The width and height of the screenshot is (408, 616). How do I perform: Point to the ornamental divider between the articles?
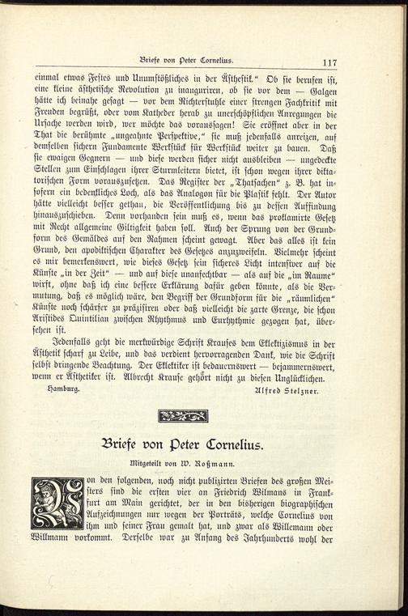tap(182, 416)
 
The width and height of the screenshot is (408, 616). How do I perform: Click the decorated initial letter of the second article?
tap(57, 503)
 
